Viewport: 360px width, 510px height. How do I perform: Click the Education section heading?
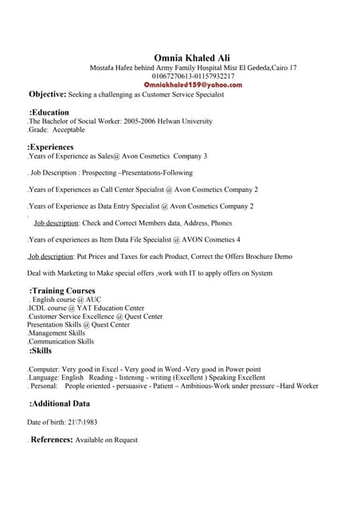tap(49, 112)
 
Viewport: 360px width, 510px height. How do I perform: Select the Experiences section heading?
tap(51, 147)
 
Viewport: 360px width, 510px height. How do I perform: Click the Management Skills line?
tap(57, 333)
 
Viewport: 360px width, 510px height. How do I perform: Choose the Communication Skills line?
tap(61, 341)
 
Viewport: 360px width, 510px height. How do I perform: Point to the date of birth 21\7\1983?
tap(82, 422)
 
